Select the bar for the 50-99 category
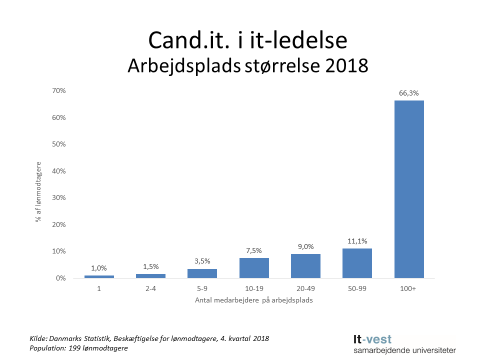357,263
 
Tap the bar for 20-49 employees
305,265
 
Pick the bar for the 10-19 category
254,267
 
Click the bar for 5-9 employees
202,273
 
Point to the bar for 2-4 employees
150,275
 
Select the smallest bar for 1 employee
99,276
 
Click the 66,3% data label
409,93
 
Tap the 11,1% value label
357,241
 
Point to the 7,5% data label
254,250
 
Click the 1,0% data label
99,268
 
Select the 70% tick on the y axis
59,90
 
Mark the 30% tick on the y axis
59,197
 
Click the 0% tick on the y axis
60,278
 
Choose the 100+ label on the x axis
409,289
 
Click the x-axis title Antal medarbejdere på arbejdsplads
254,300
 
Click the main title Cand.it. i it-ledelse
248,41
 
